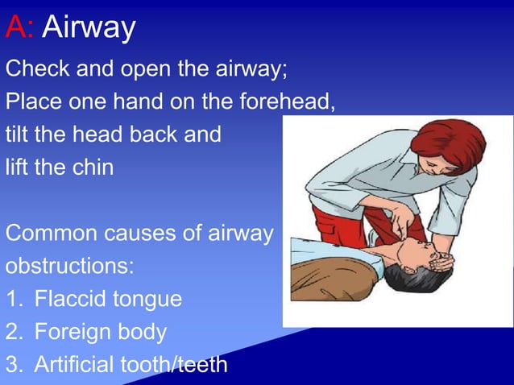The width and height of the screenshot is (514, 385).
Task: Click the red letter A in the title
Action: [15, 27]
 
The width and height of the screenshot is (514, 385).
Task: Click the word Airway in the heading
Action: [89, 29]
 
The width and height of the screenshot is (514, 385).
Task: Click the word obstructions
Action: [70, 267]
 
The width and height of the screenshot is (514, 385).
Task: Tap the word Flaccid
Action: [72, 300]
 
